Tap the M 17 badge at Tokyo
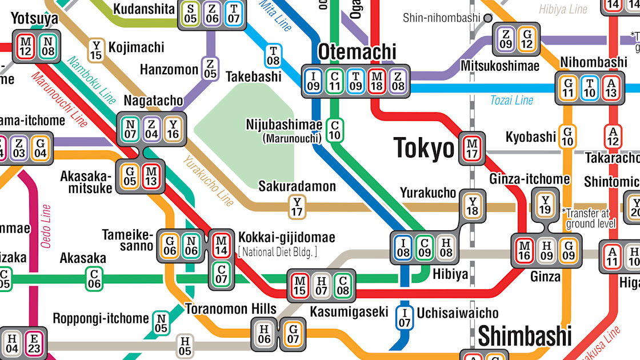[472, 149]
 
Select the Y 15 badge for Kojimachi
[96, 50]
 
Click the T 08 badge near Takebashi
[273, 56]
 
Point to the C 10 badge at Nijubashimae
[335, 130]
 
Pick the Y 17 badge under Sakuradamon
[297, 207]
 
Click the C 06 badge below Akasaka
[94, 279]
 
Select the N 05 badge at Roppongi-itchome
[161, 323]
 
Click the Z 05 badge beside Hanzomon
[210, 68]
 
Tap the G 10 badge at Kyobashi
[567, 136]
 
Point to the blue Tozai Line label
[511, 101]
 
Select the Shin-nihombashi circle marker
[487, 18]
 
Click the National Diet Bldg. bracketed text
[278, 252]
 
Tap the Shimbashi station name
[525, 337]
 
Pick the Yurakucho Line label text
[208, 181]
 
